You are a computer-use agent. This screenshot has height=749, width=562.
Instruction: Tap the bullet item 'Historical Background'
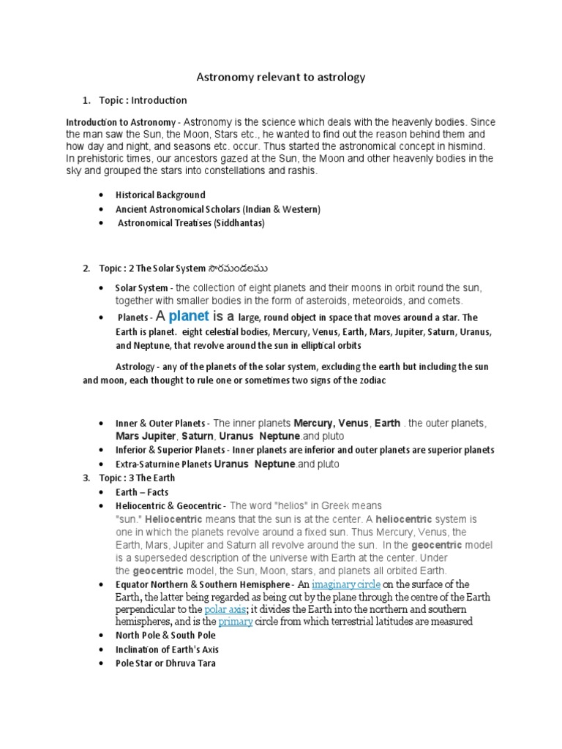160,195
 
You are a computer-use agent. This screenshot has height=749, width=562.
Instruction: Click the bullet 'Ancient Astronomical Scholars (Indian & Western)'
217,209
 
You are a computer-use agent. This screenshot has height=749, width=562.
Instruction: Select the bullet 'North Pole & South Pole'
165,636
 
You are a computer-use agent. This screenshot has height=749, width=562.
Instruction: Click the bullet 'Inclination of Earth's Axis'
167,650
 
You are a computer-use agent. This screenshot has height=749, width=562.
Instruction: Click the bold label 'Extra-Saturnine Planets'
163,464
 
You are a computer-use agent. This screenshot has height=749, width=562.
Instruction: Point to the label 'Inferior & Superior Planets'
171,450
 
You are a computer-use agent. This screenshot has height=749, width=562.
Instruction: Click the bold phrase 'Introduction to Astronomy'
121,122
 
